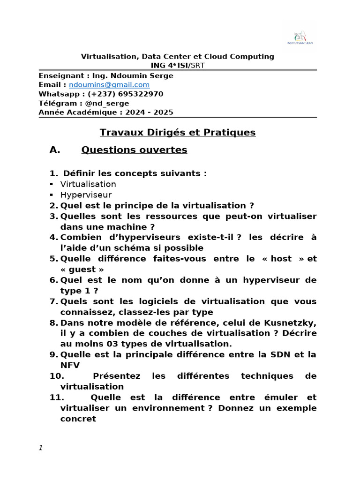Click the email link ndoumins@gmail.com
click(109, 85)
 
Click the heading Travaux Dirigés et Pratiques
click(178, 133)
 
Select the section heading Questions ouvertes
click(134, 150)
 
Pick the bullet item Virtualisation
click(88, 184)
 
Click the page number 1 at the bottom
click(41, 448)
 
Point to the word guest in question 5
click(82, 269)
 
